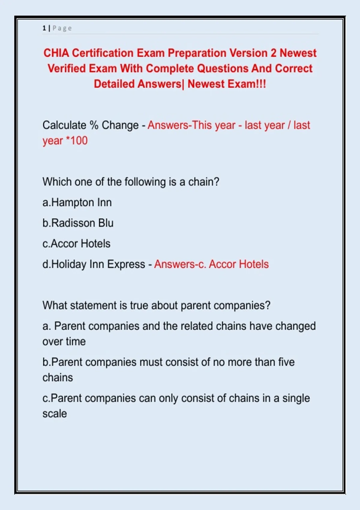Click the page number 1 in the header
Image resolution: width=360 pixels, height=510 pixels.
(44, 28)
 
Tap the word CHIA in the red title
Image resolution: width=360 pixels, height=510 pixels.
(56, 53)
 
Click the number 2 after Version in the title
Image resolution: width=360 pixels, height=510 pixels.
(273, 53)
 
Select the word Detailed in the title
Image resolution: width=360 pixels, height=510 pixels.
(114, 84)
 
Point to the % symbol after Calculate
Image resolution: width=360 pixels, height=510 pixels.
(94, 125)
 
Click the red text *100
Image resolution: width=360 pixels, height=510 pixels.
(76, 141)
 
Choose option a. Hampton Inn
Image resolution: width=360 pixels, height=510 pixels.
(77, 202)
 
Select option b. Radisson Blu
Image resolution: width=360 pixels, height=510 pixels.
(78, 223)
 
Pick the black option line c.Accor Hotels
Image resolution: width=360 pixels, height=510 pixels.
(76, 244)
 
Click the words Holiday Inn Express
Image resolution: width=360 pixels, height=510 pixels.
(98, 264)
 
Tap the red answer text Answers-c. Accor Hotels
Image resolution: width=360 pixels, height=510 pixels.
(211, 264)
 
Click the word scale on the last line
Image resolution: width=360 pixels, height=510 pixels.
(55, 414)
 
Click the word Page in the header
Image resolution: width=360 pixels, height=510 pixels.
(62, 28)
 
